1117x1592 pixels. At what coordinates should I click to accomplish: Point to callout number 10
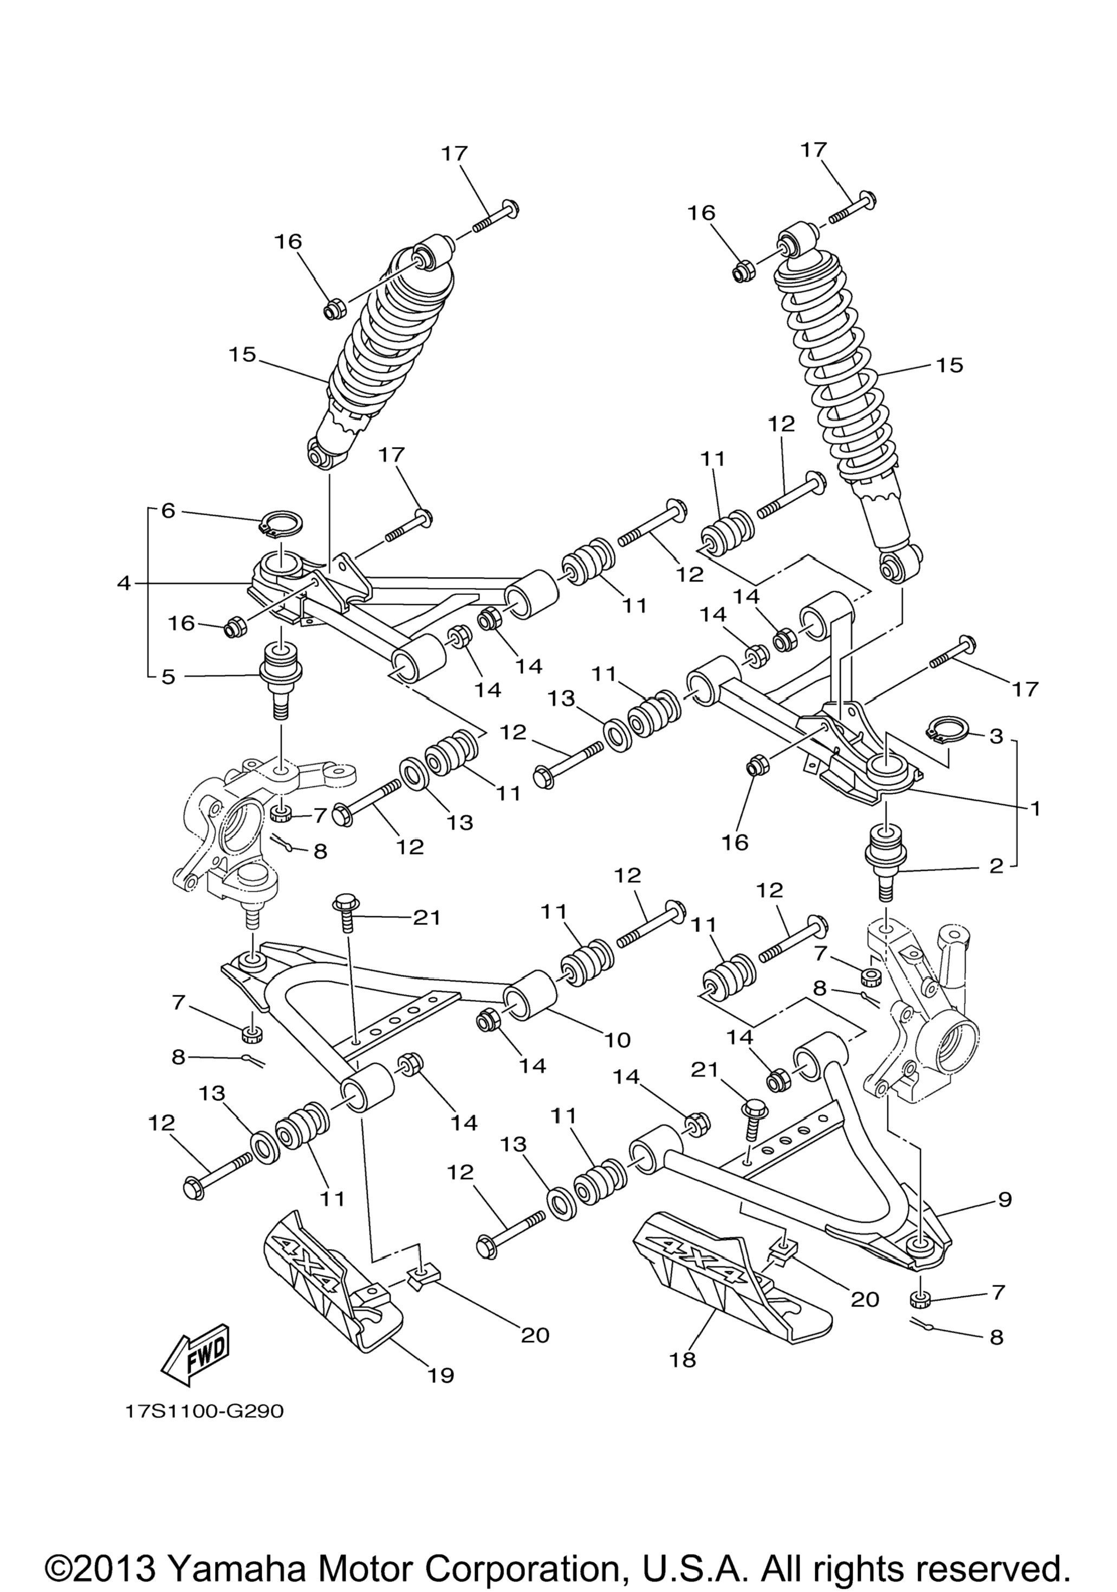[x=617, y=1039]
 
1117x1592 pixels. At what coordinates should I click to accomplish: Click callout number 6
[x=168, y=511]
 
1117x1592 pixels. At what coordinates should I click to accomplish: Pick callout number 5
[x=168, y=677]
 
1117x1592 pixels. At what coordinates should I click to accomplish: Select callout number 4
[x=124, y=584]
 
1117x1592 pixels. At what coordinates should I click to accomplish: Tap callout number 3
[x=996, y=736]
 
